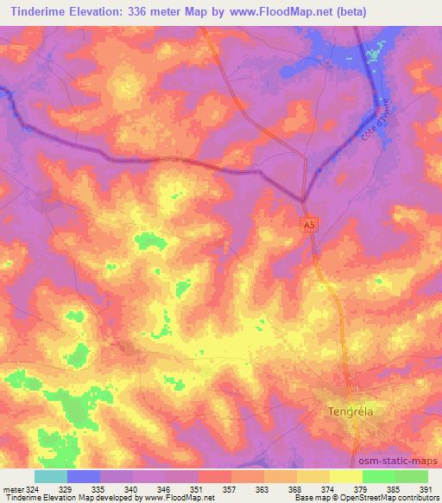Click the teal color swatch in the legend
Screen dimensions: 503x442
pyautogui.click(x=51, y=476)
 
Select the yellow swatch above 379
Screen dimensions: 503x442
pyautogui.click(x=345, y=476)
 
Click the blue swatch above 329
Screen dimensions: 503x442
pyautogui.click(x=84, y=476)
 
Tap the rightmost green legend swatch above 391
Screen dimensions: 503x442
pyautogui.click(x=411, y=476)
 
